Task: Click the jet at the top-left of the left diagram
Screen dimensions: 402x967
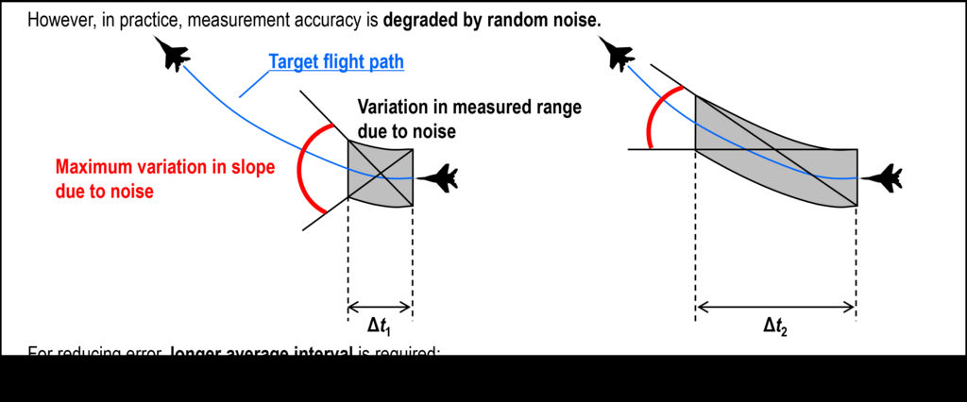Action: (x=171, y=56)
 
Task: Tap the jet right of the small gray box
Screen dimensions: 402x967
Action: (x=437, y=176)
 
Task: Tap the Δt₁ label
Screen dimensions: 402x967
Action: (x=379, y=326)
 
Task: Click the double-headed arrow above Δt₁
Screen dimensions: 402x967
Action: (x=380, y=306)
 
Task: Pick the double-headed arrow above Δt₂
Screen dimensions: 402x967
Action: (x=775, y=306)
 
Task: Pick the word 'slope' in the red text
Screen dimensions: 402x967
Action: (x=249, y=168)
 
